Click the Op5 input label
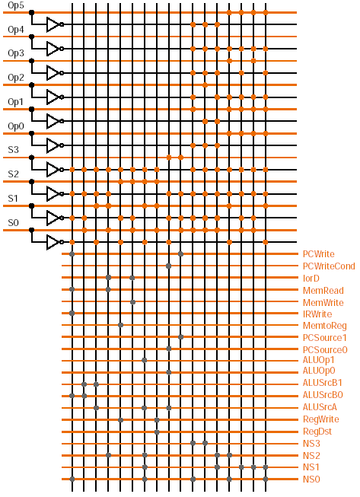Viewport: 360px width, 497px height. (x=15, y=5)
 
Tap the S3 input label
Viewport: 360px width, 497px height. (x=13, y=150)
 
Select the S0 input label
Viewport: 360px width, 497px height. (x=13, y=222)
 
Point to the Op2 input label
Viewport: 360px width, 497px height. (x=15, y=78)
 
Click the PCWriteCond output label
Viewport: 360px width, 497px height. (x=329, y=266)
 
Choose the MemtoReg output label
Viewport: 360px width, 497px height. (x=324, y=326)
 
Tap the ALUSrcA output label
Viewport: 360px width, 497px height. (x=320, y=407)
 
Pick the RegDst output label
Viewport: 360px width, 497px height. (x=317, y=432)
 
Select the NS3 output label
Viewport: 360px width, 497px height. (x=311, y=444)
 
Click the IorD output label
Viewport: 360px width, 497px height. (x=311, y=279)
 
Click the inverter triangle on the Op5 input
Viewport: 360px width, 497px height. (x=53, y=24)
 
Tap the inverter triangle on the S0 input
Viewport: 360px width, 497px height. (x=53, y=242)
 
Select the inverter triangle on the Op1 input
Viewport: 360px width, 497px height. (x=53, y=121)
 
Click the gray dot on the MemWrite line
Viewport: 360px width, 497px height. (x=132, y=302)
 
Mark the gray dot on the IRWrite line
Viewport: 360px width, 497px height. (x=72, y=313)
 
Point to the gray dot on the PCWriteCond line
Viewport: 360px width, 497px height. (x=169, y=266)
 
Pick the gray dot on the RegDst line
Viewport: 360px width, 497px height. (x=157, y=432)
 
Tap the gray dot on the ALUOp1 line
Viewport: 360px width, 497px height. (x=145, y=360)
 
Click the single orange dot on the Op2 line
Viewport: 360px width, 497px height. (x=205, y=85)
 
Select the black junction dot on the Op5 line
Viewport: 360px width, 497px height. (x=31, y=12)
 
